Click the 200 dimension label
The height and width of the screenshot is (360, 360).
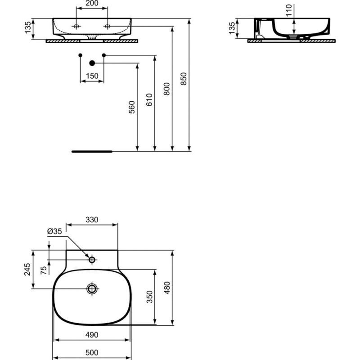point(92,3)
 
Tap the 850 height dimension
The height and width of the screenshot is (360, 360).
point(184,79)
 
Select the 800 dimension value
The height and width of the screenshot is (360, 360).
point(166,89)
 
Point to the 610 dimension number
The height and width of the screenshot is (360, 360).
point(149,99)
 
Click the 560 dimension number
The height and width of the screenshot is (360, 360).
point(132,107)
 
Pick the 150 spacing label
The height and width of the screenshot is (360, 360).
point(92,76)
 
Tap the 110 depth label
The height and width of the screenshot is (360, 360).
point(289,10)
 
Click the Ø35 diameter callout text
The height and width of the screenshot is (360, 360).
point(54,231)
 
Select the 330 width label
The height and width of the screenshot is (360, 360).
point(92,220)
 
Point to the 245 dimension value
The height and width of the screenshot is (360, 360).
point(27,269)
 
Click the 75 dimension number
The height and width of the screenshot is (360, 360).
point(43,270)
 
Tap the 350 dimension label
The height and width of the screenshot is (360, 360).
point(149,297)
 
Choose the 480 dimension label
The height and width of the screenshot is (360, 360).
point(167,288)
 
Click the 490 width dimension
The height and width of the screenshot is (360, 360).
point(92,335)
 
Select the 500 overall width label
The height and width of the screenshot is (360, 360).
point(92,352)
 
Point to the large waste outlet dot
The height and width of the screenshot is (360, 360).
point(92,63)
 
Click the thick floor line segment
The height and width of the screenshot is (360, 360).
point(92,152)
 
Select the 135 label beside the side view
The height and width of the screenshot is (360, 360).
point(232,28)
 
